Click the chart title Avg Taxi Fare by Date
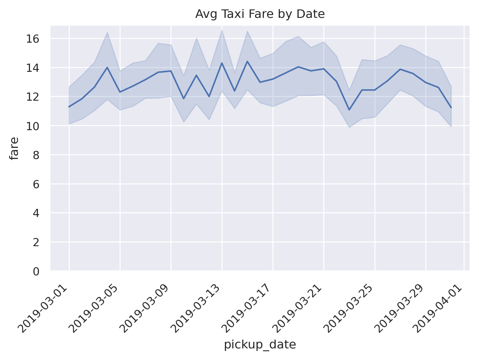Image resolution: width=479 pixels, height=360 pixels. [x=260, y=14]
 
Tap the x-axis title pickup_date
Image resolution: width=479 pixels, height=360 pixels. [x=260, y=345]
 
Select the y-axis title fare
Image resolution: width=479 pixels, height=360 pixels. [x=14, y=148]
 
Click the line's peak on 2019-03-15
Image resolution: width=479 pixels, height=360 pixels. [x=247, y=61]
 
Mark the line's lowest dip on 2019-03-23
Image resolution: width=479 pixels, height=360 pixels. [x=349, y=110]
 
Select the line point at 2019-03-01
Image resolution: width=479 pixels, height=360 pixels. [x=69, y=107]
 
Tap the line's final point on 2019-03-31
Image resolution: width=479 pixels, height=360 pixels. [x=451, y=108]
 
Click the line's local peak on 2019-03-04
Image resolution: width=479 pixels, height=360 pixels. [x=107, y=67]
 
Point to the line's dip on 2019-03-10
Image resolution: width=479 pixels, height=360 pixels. [x=184, y=99]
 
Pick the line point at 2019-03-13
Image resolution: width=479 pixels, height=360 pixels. [x=222, y=63]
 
